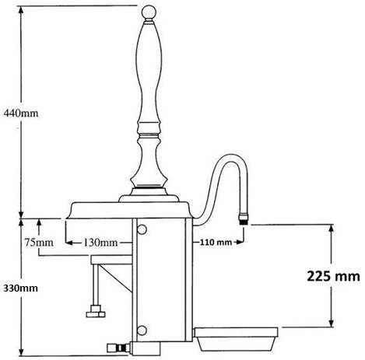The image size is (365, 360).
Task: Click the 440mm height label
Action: coord(19,112)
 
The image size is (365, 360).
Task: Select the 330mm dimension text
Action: coord(19,288)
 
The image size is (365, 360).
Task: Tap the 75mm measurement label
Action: coord(38,243)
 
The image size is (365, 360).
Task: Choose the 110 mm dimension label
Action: coord(216,243)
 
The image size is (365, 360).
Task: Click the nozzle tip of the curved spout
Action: coord(244,219)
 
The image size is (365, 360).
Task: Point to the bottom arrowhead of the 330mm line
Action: coord(22,354)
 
